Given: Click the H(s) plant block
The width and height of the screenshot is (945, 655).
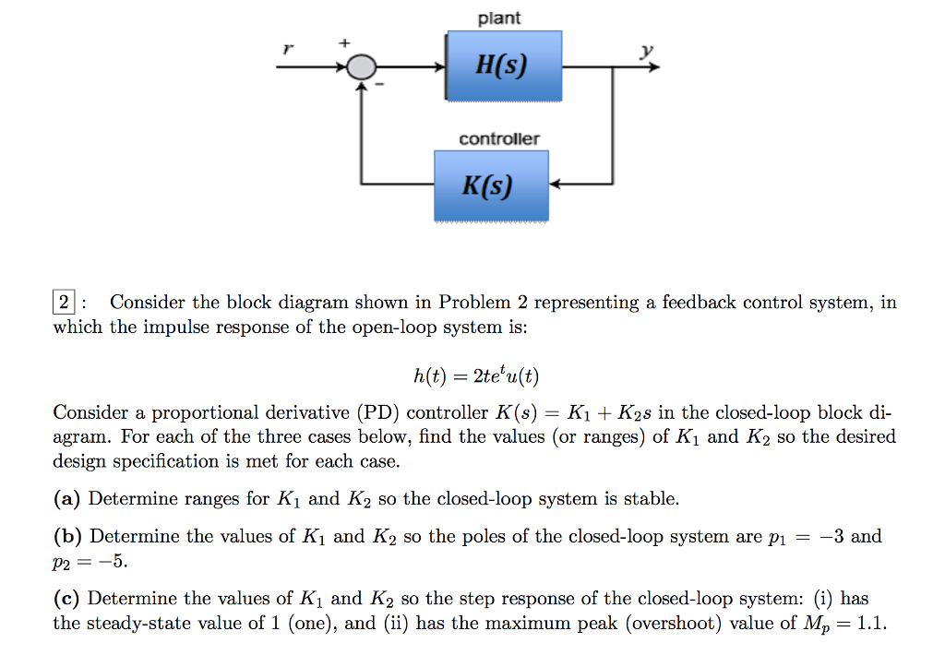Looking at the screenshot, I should pos(504,65).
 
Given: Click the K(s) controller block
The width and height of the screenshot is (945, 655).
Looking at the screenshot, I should pos(491,185).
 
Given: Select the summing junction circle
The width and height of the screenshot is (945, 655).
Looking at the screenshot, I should pos(361,66).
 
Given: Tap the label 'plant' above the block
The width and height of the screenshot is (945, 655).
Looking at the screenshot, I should pos(499,18).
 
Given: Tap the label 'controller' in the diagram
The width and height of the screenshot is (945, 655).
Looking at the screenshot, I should pos(499,138).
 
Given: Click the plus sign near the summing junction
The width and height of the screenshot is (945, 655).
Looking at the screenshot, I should pos(346,42).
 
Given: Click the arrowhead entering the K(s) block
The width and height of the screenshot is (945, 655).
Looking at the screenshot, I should pos(556,185).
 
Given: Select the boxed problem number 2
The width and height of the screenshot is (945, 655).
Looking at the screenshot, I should pos(63,303).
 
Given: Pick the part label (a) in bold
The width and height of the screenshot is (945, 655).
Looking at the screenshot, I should pos(67,499).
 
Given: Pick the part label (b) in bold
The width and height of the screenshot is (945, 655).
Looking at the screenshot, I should pos(67,536).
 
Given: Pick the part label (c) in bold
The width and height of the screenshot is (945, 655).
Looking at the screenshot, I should pos(67,598).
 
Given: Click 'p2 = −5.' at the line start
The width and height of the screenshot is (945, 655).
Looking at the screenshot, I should pos(89,561).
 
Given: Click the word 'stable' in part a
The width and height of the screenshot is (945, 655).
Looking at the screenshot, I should pos(651,499).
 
